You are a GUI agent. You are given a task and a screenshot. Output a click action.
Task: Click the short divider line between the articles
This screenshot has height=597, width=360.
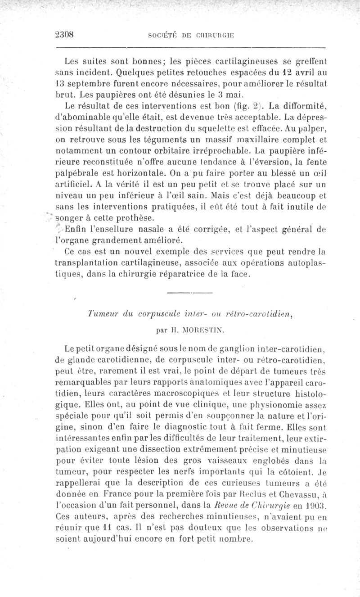coord(189,294)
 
